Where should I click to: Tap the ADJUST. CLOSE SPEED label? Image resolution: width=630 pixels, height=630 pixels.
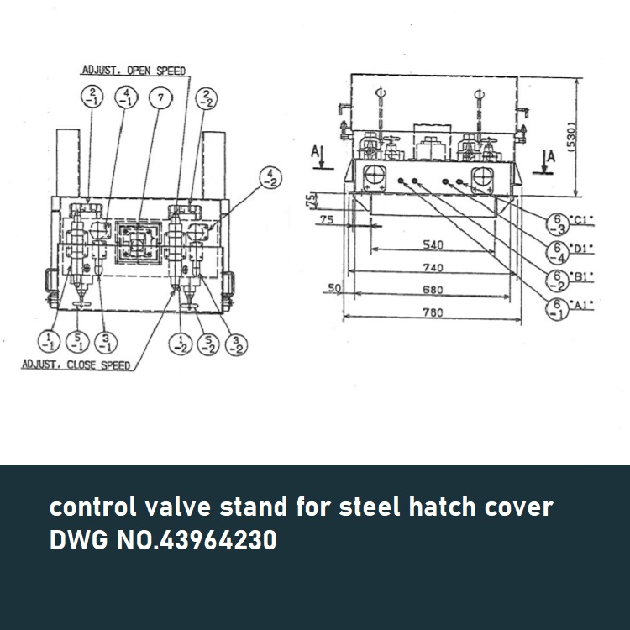point(75,365)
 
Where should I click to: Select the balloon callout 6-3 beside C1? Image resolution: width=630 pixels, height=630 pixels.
point(555,222)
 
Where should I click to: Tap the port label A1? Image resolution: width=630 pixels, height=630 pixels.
point(581,307)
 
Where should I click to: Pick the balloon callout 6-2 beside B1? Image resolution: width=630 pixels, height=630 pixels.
point(555,278)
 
